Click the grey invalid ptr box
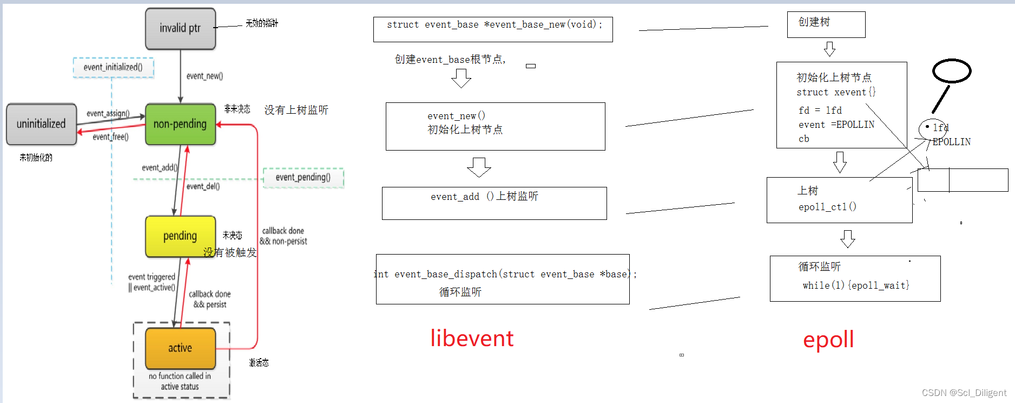[x=180, y=29]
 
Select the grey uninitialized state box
[x=41, y=124]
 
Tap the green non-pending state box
[x=180, y=124]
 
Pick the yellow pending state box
[x=180, y=236]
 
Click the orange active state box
[x=180, y=348]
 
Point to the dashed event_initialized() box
[x=113, y=67]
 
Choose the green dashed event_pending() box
[x=303, y=178]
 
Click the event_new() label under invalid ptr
[x=205, y=76]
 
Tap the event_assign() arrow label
[x=108, y=113]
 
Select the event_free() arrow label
[x=110, y=137]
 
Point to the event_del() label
[x=203, y=186]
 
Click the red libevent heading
[x=472, y=339]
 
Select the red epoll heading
[x=828, y=340]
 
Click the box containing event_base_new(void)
[x=493, y=29]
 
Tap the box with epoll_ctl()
[x=839, y=200]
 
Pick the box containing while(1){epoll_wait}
[x=855, y=278]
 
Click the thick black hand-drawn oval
[x=952, y=71]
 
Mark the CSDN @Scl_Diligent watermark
[x=964, y=393]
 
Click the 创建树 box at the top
[x=826, y=24]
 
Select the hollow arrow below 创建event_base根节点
[x=461, y=79]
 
